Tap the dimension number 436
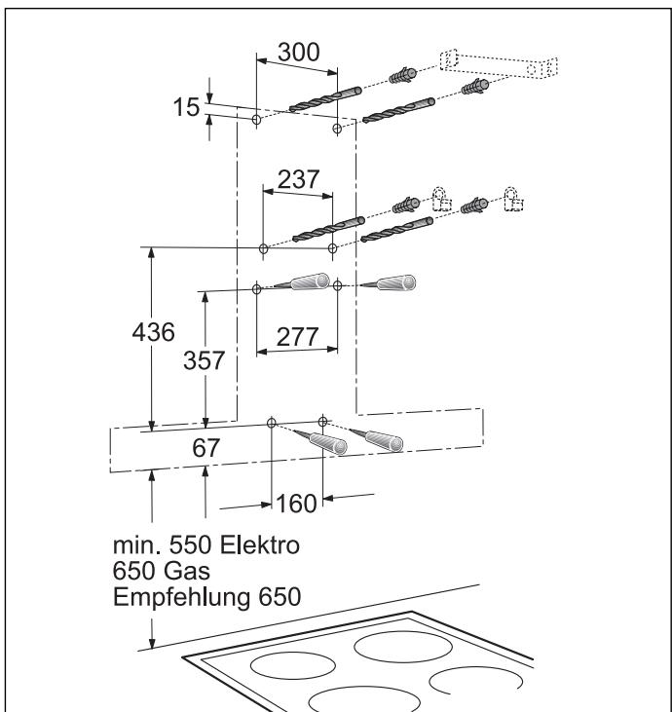152,332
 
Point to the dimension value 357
205,359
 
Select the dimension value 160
296,504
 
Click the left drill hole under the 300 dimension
255,120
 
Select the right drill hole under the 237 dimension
333,249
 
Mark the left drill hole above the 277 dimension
256,287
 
